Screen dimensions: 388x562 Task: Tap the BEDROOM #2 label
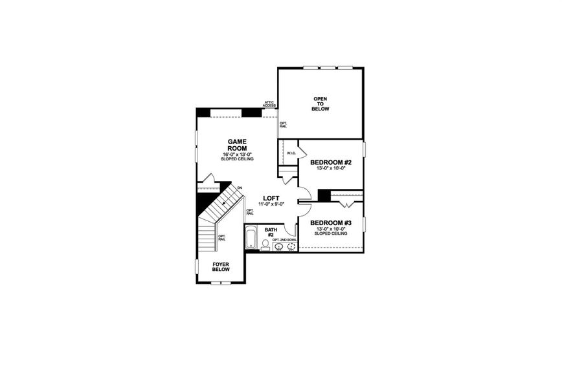pos(330,162)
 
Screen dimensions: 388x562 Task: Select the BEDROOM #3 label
pos(330,222)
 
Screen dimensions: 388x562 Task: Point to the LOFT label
pos(271,199)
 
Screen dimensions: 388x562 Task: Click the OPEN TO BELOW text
pos(321,104)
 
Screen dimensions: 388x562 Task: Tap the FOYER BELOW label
pos(221,266)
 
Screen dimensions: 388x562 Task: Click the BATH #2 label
pos(271,232)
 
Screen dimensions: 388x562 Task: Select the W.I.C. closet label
pos(291,153)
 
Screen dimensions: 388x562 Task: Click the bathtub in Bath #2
pos(251,237)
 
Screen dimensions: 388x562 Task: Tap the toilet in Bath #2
pos(265,244)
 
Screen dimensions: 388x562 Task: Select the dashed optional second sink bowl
pos(291,246)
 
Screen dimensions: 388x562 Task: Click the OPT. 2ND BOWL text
pos(285,240)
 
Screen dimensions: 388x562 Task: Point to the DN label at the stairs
pos(240,188)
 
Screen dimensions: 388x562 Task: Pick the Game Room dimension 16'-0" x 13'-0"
pos(237,154)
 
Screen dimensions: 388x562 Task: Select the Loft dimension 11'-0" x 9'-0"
pos(271,205)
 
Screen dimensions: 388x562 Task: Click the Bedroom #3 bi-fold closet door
pos(344,204)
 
